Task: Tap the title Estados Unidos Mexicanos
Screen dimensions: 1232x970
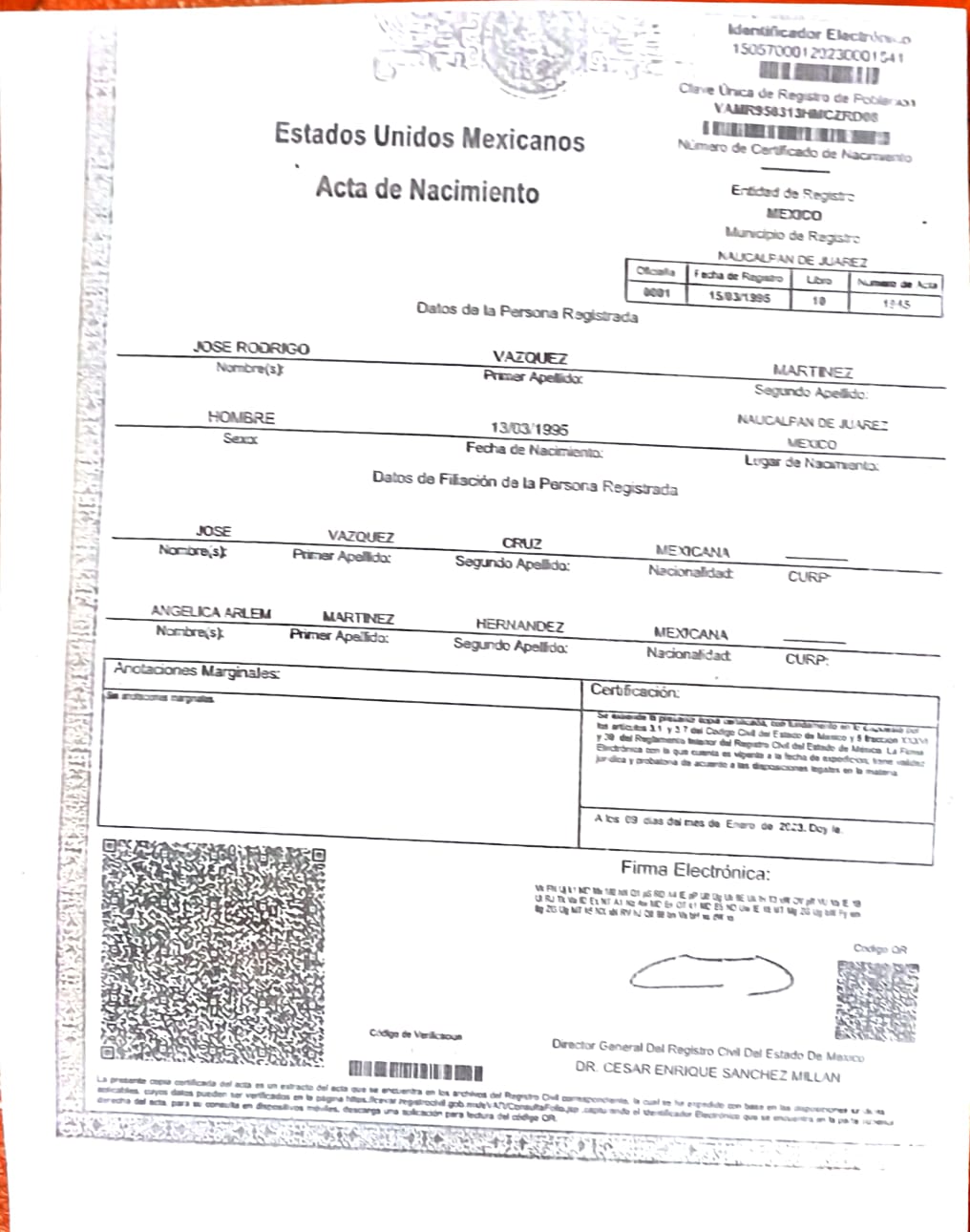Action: click(x=430, y=138)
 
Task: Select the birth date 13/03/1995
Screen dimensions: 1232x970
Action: click(x=530, y=429)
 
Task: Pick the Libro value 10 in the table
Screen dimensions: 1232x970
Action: click(x=818, y=300)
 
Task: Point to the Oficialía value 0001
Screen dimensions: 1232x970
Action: click(x=656, y=293)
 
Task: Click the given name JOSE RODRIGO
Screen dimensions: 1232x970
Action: click(x=251, y=348)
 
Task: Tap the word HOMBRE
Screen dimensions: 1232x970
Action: click(x=241, y=417)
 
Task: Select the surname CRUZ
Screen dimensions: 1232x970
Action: click(x=521, y=542)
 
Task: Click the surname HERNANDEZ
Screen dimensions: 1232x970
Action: click(x=519, y=625)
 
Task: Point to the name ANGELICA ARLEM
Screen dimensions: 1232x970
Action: click(x=210, y=611)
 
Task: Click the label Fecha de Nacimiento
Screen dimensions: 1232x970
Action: click(x=534, y=450)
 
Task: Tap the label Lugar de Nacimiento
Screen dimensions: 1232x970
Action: click(x=811, y=463)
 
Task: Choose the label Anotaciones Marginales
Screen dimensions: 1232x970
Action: click(x=196, y=670)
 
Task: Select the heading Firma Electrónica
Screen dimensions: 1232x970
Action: click(x=694, y=870)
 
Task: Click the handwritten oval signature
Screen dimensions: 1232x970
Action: click(x=711, y=973)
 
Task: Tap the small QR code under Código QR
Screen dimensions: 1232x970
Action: click(x=876, y=1000)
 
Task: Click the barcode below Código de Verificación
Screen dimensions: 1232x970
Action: click(x=416, y=1071)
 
